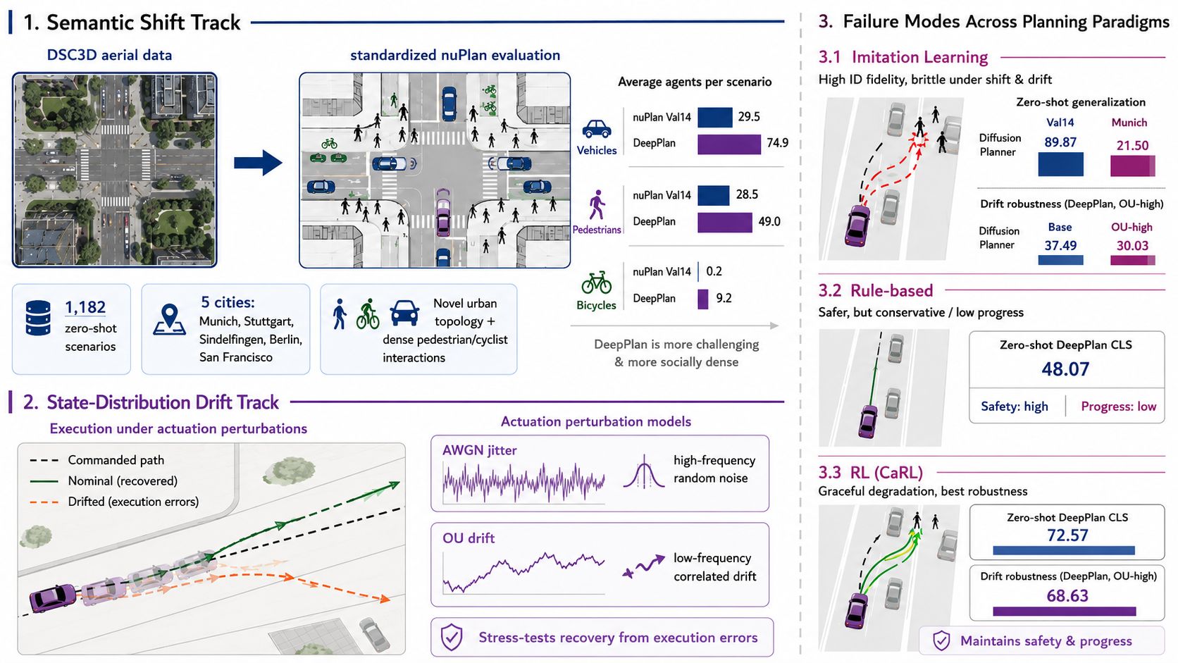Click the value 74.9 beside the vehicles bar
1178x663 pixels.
[x=777, y=143]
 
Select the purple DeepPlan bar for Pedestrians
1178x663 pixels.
[x=725, y=223]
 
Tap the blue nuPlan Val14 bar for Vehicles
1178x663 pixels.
[x=714, y=117]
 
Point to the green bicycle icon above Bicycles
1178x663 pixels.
[x=596, y=283]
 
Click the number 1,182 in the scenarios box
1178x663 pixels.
[x=85, y=307]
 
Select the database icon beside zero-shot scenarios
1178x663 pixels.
[x=38, y=318]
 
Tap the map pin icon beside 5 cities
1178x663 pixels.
[x=169, y=319]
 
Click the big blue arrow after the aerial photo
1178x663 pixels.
[x=258, y=163]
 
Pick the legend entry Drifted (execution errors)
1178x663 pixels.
[x=115, y=502]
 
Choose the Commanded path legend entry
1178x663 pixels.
[x=97, y=460]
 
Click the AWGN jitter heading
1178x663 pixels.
[x=480, y=451]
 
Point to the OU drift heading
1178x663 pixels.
[x=469, y=538]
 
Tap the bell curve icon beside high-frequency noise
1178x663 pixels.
[x=644, y=471]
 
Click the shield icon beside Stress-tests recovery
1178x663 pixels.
[x=451, y=637]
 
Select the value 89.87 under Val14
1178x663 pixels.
[x=1060, y=142]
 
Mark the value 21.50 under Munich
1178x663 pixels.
[x=1133, y=146]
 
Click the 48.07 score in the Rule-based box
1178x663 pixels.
[x=1065, y=369]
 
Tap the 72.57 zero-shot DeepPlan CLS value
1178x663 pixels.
[x=1067, y=535]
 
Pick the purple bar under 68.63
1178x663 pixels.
[x=1065, y=612]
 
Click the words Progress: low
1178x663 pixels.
[x=1119, y=407]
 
